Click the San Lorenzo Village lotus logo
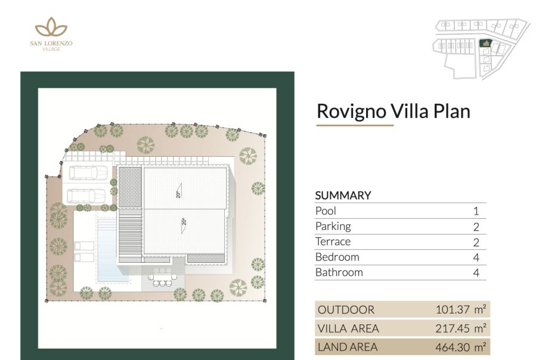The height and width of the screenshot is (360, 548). click(51, 27)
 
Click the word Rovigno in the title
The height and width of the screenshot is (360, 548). click(351, 111)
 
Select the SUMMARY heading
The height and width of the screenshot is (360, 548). click(343, 195)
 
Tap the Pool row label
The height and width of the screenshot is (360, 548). click(326, 211)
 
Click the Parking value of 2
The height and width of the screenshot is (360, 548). click(476, 227)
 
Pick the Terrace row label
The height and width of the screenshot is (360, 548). click(333, 241)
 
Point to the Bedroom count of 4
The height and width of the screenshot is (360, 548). click(476, 257)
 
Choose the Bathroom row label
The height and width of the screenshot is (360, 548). click(339, 272)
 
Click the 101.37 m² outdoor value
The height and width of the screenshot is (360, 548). click(460, 310)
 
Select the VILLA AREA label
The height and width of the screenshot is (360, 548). click(348, 328)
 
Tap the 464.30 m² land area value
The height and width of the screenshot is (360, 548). click(460, 347)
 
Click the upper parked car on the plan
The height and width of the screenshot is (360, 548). click(88, 172)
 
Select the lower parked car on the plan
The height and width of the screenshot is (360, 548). click(86, 196)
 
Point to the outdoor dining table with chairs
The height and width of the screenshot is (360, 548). click(163, 277)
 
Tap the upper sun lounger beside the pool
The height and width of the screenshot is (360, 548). click(84, 246)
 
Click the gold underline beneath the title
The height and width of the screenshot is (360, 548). click(355, 125)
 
